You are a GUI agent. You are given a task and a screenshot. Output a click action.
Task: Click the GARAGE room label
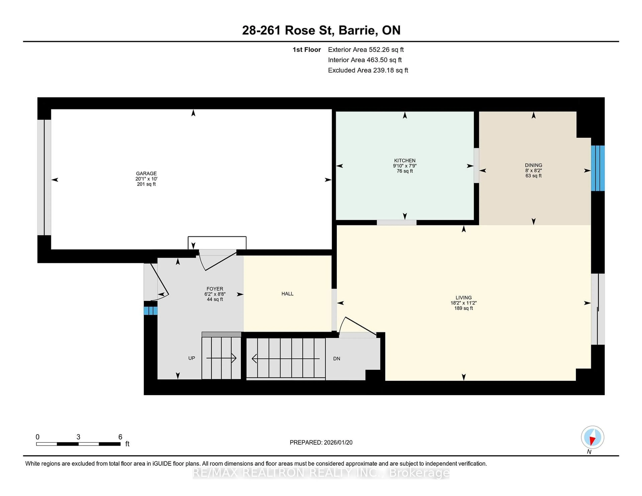pos(146,173)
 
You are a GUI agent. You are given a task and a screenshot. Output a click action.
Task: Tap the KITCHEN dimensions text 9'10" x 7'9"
pos(405,166)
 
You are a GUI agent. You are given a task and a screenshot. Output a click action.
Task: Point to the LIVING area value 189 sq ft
pos(464,308)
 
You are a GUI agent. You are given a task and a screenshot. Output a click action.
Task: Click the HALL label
pos(287,294)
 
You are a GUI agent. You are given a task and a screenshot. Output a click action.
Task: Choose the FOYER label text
pos(215,289)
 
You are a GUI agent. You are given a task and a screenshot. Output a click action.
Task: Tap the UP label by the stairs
pos(191,358)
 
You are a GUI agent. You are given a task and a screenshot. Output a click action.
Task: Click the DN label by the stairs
pos(337,358)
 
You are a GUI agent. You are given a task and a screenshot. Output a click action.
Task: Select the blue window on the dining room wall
pos(598,168)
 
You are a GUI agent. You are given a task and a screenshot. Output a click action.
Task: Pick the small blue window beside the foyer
pos(150,311)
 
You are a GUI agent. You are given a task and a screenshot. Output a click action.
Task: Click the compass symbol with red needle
pos(592,437)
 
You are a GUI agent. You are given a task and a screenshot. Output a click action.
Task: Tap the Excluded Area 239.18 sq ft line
pos(368,70)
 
